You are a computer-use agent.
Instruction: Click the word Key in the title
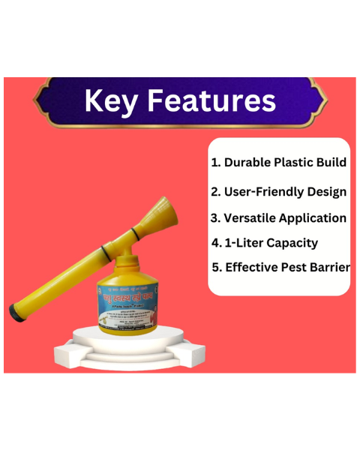(x=114, y=100)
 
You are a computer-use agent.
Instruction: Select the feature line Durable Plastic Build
(x=278, y=162)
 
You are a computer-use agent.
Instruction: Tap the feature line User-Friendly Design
(x=278, y=191)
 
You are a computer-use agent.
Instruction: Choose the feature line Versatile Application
(x=278, y=218)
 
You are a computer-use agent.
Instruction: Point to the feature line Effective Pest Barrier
(x=281, y=267)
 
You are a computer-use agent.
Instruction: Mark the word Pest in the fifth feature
(x=294, y=267)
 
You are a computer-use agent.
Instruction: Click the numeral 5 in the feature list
(x=217, y=267)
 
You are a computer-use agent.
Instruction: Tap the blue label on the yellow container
(x=132, y=304)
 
